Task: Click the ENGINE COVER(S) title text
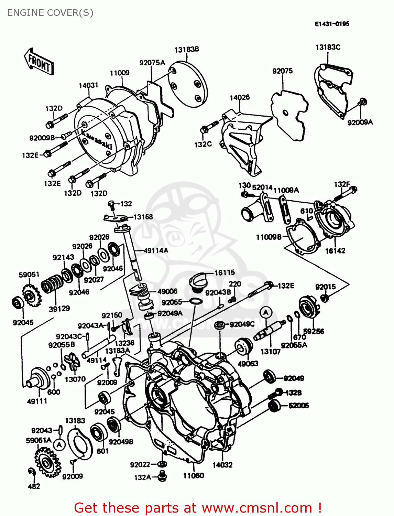coord(50,13)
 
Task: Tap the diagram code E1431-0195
coord(332,24)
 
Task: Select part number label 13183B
coord(187,50)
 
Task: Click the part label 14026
coord(240,97)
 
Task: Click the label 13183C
coord(328,47)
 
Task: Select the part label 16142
coord(335,251)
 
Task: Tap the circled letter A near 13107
coord(265,313)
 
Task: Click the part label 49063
coord(248,363)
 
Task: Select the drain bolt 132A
coord(162,477)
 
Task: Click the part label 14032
coord(222,465)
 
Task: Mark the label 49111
coord(37,401)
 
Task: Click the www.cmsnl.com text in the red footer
coord(256,508)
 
